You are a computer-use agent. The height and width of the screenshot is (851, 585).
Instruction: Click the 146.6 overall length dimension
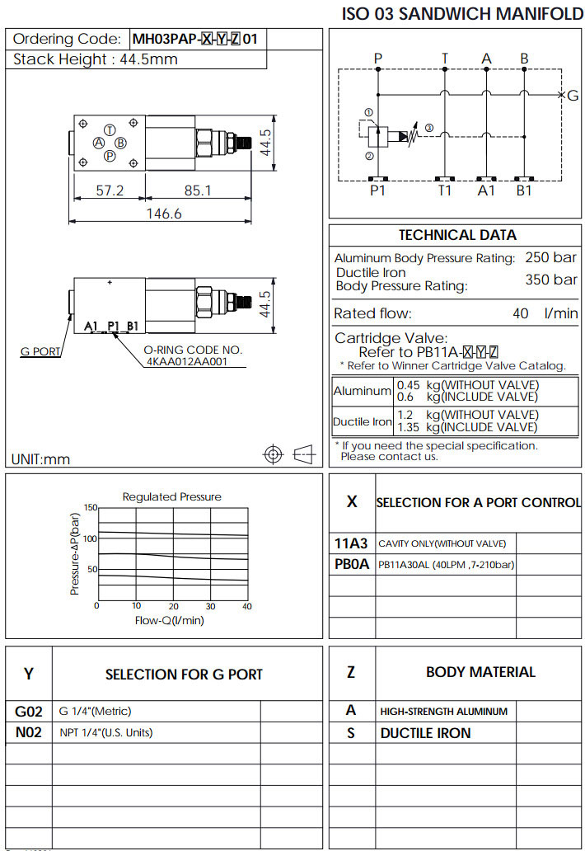click(163, 213)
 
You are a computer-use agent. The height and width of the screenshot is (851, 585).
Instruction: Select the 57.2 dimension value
click(110, 190)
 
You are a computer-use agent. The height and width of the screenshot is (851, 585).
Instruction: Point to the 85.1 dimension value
click(198, 190)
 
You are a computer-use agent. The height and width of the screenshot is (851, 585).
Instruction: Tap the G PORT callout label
click(40, 352)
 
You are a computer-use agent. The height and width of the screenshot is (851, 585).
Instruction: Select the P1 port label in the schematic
click(378, 190)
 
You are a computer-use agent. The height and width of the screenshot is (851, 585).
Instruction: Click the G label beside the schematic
click(573, 96)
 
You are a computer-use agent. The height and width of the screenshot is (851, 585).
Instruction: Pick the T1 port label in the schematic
click(445, 190)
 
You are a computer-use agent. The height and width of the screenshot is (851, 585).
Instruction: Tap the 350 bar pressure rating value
click(551, 280)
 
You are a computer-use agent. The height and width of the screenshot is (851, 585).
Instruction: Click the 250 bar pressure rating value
click(551, 257)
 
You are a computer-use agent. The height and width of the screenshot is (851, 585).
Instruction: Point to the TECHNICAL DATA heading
click(457, 235)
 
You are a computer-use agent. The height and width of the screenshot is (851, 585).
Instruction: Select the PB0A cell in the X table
click(352, 565)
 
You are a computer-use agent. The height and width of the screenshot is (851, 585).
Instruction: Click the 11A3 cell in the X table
click(352, 543)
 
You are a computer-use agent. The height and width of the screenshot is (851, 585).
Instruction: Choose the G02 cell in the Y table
click(29, 711)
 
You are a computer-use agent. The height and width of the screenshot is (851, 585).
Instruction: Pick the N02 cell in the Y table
click(29, 732)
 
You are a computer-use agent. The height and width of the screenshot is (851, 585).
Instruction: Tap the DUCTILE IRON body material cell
click(425, 733)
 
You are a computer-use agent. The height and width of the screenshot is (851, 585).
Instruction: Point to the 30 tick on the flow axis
click(210, 607)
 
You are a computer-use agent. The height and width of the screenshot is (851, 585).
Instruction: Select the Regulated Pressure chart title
click(171, 496)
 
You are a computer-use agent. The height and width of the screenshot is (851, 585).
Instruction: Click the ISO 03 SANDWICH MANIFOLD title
click(462, 14)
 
